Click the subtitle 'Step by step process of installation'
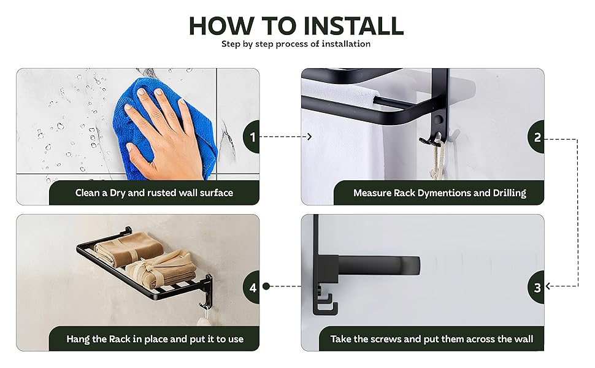click(x=296, y=44)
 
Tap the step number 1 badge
click(x=251, y=137)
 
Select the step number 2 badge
click(x=536, y=137)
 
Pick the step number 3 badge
click(x=536, y=287)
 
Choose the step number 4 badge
click(x=251, y=287)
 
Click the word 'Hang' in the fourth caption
click(x=78, y=339)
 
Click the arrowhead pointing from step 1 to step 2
click(x=309, y=137)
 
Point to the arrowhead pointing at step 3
click(x=548, y=286)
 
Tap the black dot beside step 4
click(x=266, y=286)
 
